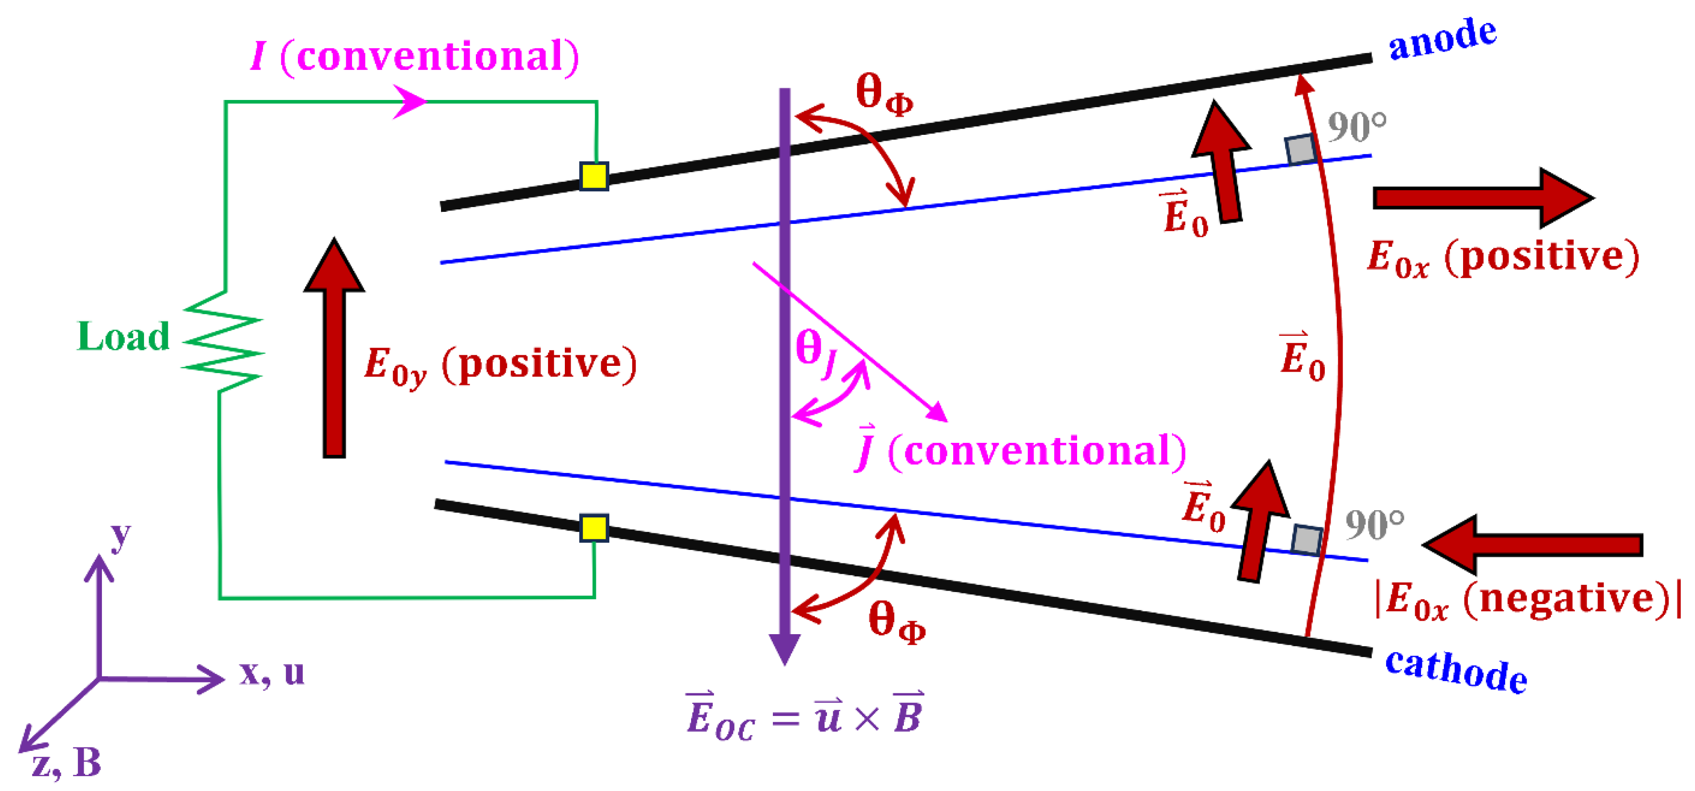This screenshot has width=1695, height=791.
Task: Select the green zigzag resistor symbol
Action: (x=222, y=342)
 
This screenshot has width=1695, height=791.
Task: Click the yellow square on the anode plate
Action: (x=594, y=176)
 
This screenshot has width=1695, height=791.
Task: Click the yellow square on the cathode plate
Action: (x=594, y=528)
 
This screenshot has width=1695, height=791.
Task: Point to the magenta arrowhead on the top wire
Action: (x=410, y=101)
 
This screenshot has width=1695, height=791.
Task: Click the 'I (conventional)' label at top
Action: (x=415, y=56)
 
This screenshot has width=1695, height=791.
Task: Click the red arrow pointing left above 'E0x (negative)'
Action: (x=1533, y=544)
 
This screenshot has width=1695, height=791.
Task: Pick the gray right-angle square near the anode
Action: (x=1301, y=149)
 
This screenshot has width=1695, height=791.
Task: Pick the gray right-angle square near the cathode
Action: (x=1306, y=539)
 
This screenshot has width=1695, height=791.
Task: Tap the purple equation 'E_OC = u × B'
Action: (x=804, y=716)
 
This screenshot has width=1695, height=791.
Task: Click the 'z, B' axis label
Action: (x=66, y=763)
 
